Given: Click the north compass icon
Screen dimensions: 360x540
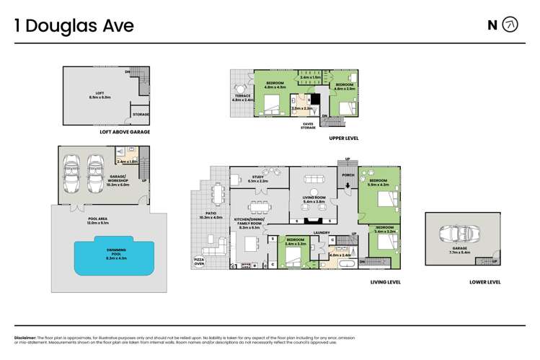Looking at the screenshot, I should click(510, 25).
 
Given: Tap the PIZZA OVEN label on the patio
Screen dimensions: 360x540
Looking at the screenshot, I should click(199, 261).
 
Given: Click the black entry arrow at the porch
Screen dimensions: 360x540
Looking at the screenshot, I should click(348, 185).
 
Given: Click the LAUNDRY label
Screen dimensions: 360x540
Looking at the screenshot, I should click(322, 232).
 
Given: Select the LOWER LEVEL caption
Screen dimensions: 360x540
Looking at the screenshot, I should click(484, 282).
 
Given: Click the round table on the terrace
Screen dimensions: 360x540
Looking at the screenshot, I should click(239, 89).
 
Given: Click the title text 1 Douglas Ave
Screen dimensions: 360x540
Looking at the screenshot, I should click(74, 25).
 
